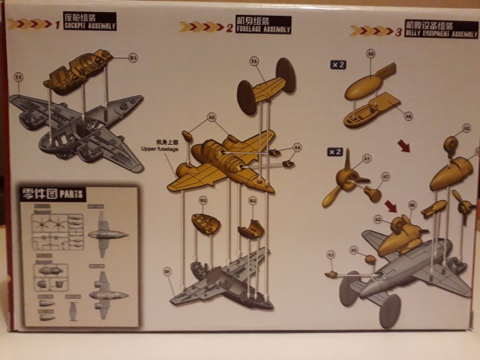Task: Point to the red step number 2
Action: pos(229,28)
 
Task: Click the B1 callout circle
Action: pos(133,57)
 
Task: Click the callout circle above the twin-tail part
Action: pos(253,60)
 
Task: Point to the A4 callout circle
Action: pos(297,147)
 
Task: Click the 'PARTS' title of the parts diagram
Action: pos(73,195)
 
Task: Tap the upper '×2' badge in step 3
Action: pos(338,64)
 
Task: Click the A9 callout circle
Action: pos(370,54)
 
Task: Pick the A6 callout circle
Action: pos(409,115)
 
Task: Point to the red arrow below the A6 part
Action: pos(404,145)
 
